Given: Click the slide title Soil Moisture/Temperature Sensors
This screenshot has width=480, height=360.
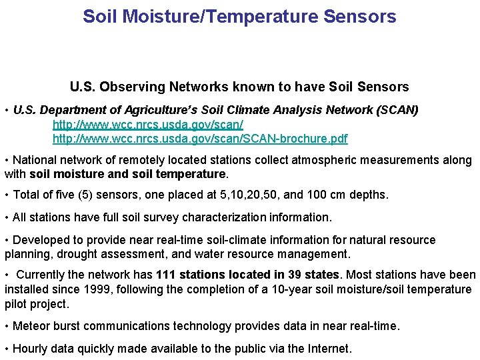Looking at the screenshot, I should pyautogui.click(x=239, y=16).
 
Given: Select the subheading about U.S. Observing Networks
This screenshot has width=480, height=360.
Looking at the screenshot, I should pyautogui.click(x=239, y=87).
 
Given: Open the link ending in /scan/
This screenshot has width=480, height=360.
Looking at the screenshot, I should pyautogui.click(x=147, y=125).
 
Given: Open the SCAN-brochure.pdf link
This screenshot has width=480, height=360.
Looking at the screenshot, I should pyautogui.click(x=200, y=139).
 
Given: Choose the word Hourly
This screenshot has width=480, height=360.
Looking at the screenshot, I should pyautogui.click(x=31, y=348).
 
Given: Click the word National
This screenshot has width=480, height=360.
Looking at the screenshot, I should pyautogui.click(x=35, y=161).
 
